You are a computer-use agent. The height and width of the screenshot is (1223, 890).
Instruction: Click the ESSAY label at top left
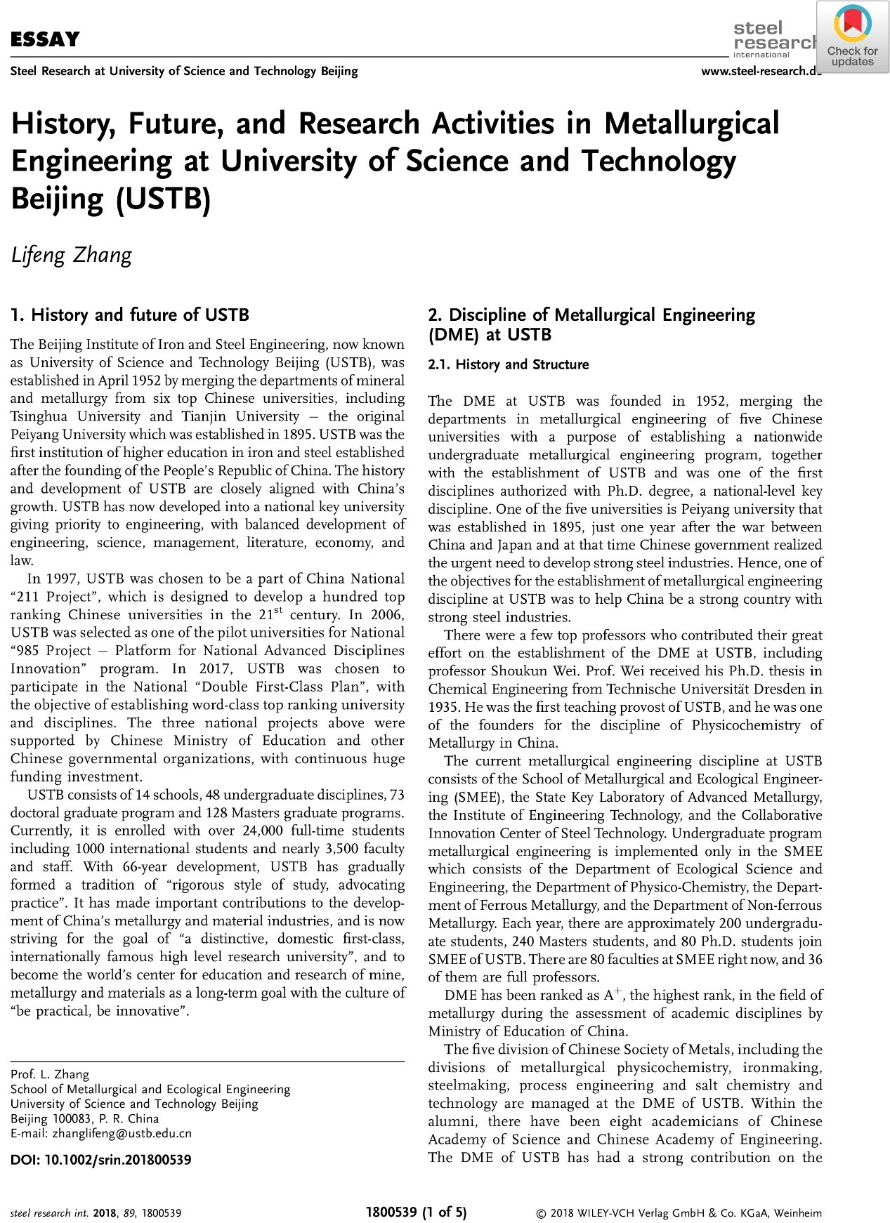coord(45,39)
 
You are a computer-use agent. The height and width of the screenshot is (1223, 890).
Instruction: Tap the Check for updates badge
coord(852,37)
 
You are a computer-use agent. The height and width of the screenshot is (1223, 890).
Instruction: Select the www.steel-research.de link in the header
coord(761,71)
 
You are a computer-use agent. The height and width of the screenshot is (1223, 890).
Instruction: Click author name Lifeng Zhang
coord(71,254)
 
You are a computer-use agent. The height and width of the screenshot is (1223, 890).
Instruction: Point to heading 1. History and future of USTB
coord(130,315)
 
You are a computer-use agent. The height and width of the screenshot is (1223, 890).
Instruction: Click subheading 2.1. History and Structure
coord(509,364)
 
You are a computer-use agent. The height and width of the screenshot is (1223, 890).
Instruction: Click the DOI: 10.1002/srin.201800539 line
coord(100,1160)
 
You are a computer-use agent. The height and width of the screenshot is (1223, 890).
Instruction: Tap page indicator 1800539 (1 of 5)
coord(417,1212)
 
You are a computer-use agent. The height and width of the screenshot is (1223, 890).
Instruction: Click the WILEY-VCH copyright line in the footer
coord(679,1213)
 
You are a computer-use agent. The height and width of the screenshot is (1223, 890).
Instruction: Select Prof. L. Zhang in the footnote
coord(50,1074)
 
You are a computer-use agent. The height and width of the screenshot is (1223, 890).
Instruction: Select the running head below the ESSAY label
coord(184,71)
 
